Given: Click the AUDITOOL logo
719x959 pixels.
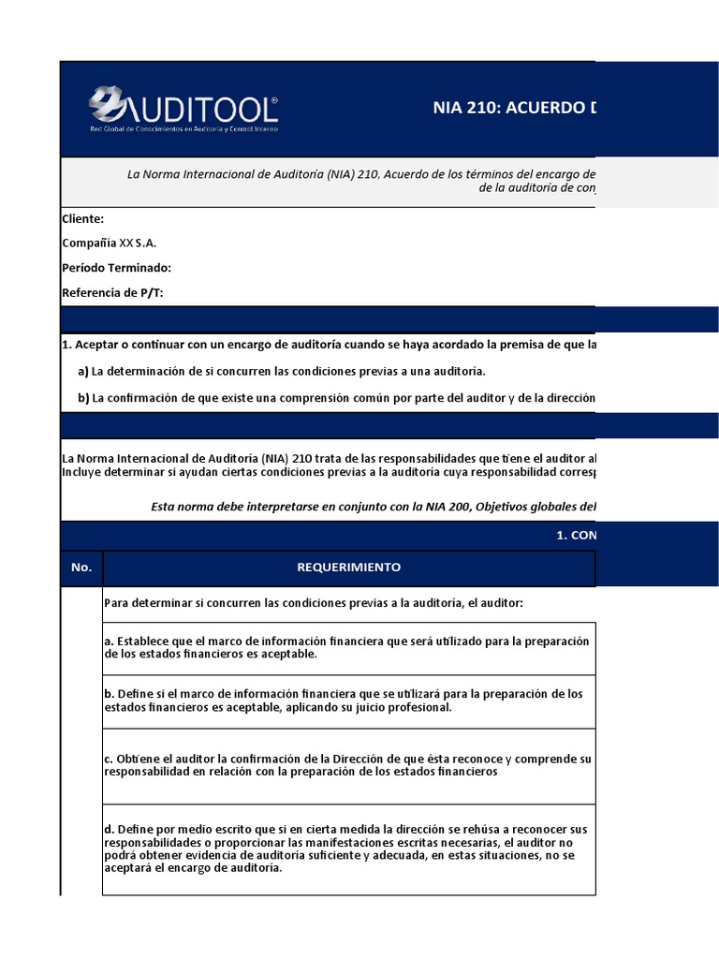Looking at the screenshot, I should [x=183, y=104].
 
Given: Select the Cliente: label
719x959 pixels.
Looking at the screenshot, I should [x=82, y=218].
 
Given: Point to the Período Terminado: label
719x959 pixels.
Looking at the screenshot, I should [x=116, y=268].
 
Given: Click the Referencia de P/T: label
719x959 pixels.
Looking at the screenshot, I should [x=112, y=293].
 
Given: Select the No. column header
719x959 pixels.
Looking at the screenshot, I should [x=81, y=568].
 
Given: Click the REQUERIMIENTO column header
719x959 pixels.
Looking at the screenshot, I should [x=348, y=568].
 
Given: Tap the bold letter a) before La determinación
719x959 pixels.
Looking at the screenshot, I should [x=83, y=372].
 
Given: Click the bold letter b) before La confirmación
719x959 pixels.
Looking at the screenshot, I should [x=83, y=398].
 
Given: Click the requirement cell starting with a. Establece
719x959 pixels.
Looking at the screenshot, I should [x=348, y=647].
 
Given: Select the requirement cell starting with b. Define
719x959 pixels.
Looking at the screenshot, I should [x=348, y=701].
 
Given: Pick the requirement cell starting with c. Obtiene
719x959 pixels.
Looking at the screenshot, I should [x=348, y=765].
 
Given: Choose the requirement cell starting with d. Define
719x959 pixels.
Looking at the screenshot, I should [x=348, y=848].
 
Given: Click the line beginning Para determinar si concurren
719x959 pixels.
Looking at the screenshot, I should [x=314, y=602].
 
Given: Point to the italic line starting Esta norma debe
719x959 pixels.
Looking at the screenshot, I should [x=373, y=507].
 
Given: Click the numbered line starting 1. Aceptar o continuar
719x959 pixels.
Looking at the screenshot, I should [x=328, y=345].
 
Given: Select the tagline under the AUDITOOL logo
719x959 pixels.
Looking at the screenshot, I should [x=183, y=128].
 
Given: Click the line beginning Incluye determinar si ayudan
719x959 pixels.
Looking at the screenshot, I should [x=328, y=471].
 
